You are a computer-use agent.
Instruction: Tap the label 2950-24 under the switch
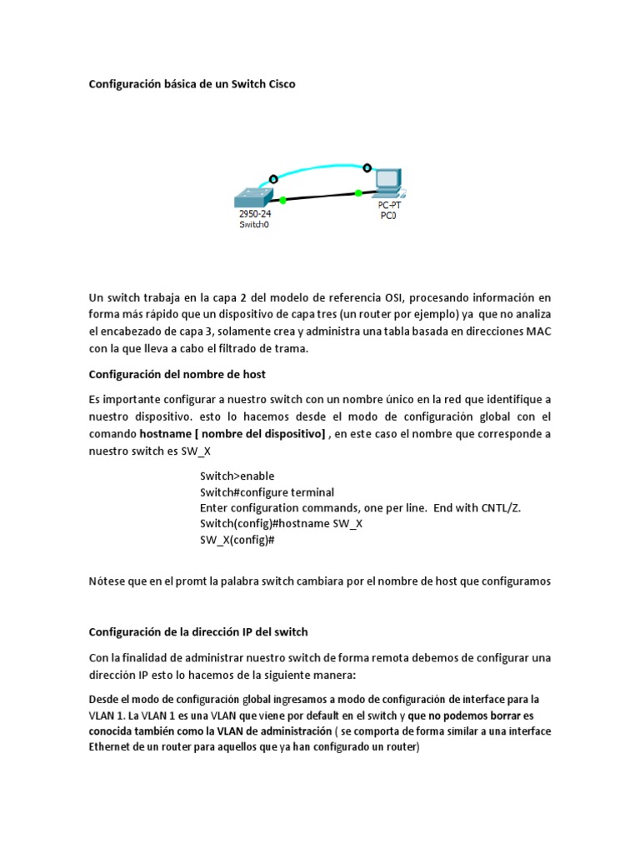254,213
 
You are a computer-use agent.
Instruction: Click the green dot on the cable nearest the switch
283,200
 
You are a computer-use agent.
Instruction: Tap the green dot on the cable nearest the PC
358,192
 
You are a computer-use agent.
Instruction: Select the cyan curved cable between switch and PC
321,166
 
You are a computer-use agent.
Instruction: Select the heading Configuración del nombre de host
177,374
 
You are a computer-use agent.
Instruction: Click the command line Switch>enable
237,476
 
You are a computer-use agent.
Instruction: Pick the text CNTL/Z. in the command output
497,508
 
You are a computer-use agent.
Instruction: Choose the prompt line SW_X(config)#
237,540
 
